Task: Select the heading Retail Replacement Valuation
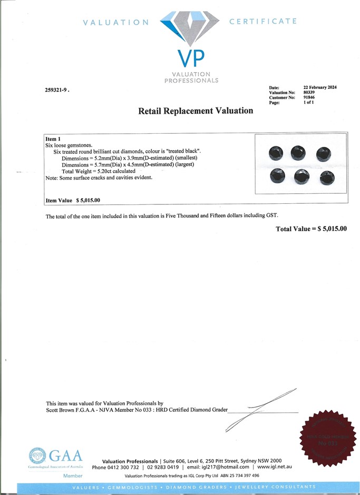(196, 111)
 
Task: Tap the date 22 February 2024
(320, 87)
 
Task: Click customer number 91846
(309, 97)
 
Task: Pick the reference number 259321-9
(57, 90)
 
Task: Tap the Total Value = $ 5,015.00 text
(312, 229)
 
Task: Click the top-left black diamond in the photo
(277, 153)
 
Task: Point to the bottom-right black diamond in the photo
(326, 178)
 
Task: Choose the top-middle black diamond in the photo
(299, 153)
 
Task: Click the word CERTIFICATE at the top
(263, 22)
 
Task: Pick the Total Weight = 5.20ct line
(99, 171)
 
